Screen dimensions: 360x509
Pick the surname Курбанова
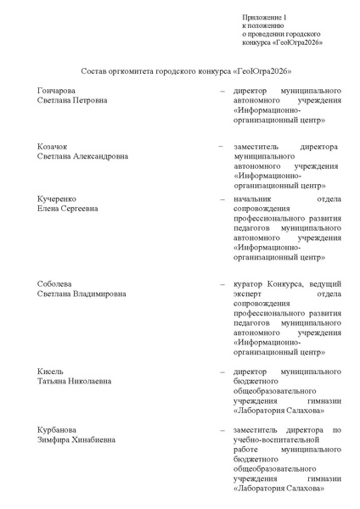pyautogui.click(x=57, y=428)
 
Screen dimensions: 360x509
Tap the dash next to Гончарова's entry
pyautogui.click(x=222, y=89)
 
